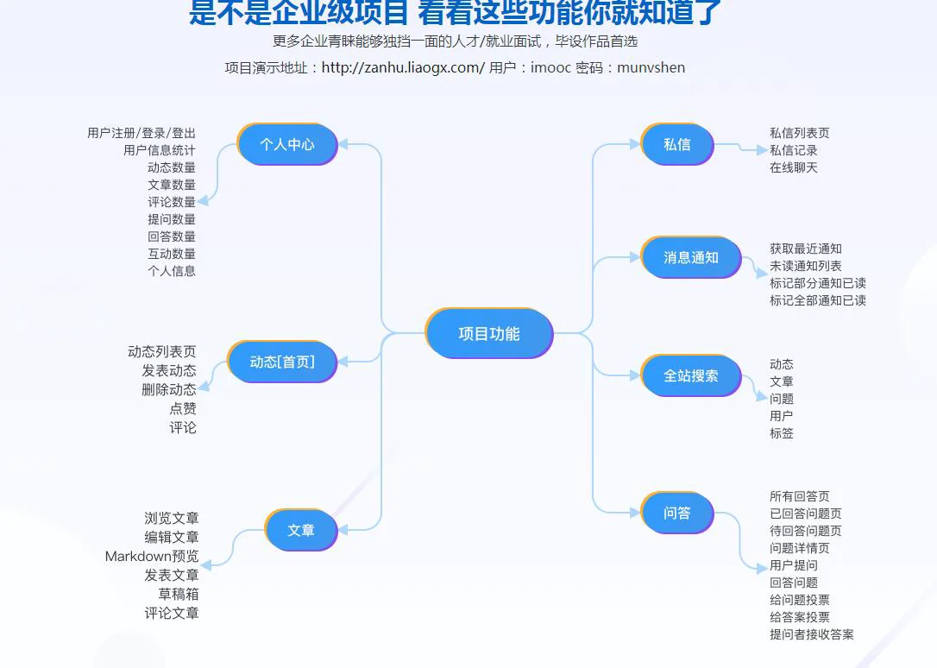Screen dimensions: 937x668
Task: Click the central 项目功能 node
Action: tap(489, 333)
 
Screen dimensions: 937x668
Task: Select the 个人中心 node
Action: tap(287, 144)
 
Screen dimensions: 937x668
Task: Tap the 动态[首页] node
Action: tap(282, 362)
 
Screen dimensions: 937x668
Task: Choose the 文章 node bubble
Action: tap(300, 530)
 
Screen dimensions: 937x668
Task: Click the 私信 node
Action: tap(677, 144)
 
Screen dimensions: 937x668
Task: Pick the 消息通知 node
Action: tap(691, 257)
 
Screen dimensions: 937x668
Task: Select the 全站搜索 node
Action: tap(691, 375)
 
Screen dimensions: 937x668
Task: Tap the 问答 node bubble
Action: tap(677, 513)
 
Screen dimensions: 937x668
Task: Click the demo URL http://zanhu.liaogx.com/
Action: tap(403, 67)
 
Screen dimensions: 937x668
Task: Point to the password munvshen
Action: tap(651, 67)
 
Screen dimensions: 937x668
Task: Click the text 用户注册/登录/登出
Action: tap(141, 133)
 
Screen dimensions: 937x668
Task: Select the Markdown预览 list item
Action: tap(152, 557)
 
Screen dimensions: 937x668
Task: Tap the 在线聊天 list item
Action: tap(794, 167)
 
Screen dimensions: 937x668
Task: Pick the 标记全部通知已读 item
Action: tap(818, 300)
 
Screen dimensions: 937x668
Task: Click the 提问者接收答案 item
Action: tap(812, 634)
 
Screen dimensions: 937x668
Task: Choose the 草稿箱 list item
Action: tap(178, 594)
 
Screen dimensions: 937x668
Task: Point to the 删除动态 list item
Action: tap(169, 389)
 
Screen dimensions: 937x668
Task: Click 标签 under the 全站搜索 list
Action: tap(782, 432)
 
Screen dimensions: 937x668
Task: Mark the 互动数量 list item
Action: tap(172, 254)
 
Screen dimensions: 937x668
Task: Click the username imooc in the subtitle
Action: tap(550, 67)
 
